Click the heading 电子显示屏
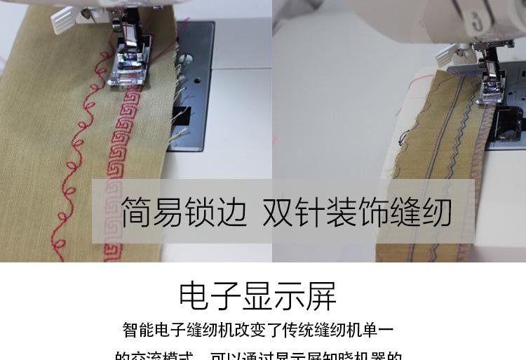(257, 296)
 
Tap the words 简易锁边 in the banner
(183, 211)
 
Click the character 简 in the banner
(137, 211)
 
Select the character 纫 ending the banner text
(436, 211)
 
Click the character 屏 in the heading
(322, 296)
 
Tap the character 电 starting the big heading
(194, 296)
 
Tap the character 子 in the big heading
(226, 296)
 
